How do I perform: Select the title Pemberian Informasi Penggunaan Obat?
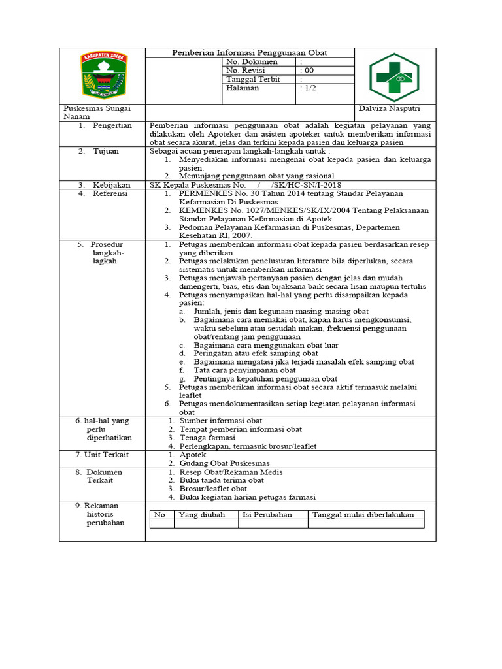click(x=249, y=53)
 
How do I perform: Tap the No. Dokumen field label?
click(x=252, y=62)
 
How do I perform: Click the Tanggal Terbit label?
click(x=253, y=79)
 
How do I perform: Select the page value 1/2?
click(x=308, y=88)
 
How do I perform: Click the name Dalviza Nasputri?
click(x=390, y=108)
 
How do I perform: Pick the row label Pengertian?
click(x=112, y=125)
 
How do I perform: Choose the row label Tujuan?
click(x=105, y=151)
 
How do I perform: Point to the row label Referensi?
click(x=110, y=193)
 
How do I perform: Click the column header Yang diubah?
click(x=202, y=515)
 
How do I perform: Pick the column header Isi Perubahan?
click(x=267, y=515)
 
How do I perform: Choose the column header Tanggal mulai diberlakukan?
click(x=363, y=515)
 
